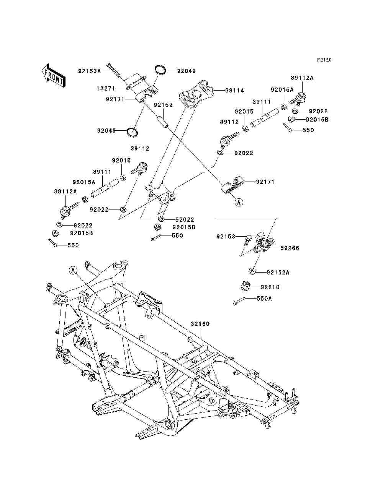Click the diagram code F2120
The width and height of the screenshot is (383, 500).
324,60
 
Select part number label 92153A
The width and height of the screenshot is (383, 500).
89,71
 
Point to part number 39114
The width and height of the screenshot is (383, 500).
234,91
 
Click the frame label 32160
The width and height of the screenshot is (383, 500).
200,324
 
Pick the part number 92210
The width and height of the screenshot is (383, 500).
270,287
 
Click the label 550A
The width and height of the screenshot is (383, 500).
264,299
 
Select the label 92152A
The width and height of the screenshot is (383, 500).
278,273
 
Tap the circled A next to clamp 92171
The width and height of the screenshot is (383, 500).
239,202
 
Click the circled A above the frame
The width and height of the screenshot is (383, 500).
74,270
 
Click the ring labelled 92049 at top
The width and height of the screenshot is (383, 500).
160,70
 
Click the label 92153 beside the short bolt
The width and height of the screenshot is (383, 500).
225,237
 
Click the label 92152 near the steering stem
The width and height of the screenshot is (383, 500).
163,105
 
